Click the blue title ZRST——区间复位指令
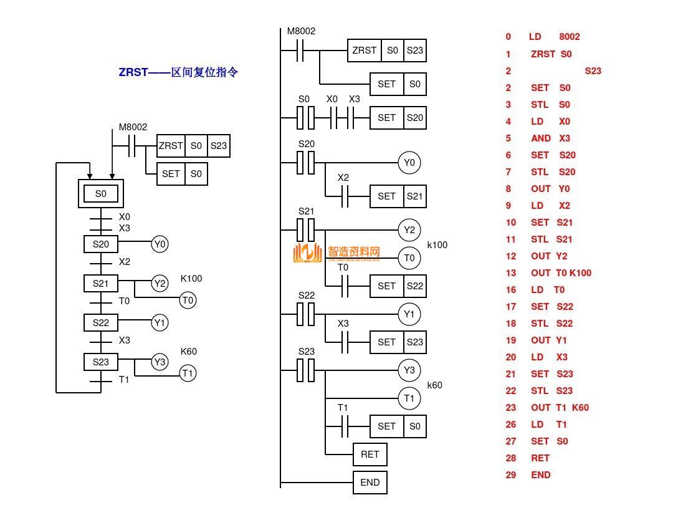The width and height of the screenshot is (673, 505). tap(178, 72)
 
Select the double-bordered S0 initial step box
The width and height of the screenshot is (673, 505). tap(101, 194)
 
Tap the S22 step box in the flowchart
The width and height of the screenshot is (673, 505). tap(101, 323)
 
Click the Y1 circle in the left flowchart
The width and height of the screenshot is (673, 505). tap(160, 323)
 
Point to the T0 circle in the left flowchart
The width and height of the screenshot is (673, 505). tap(188, 301)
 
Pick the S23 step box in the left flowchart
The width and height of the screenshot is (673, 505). tap(101, 362)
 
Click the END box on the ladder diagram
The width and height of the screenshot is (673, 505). tap(370, 482)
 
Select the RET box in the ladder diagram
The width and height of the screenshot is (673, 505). tap(370, 454)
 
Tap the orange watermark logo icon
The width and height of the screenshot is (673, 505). tap(307, 252)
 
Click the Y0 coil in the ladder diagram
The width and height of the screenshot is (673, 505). tap(409, 163)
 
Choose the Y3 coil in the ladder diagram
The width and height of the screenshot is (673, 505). tap(409, 370)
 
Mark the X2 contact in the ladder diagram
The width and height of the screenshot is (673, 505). tap(344, 196)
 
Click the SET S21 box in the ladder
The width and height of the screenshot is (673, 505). tap(398, 196)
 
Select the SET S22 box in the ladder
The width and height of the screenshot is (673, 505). tap(398, 286)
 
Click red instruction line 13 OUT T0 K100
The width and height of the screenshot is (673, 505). tap(548, 272)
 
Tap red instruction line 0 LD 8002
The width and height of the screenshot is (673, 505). tap(543, 37)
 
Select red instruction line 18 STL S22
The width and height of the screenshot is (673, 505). tap(540, 323)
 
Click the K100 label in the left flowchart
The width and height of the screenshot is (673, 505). tap(191, 279)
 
